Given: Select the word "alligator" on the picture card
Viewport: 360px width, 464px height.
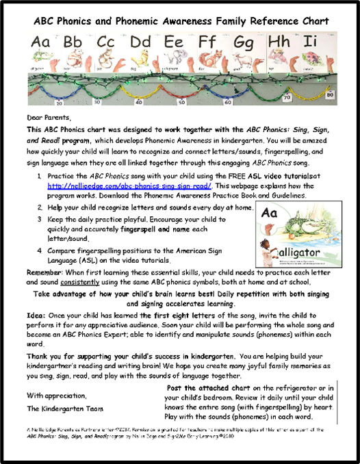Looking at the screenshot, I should pos(296,252).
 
